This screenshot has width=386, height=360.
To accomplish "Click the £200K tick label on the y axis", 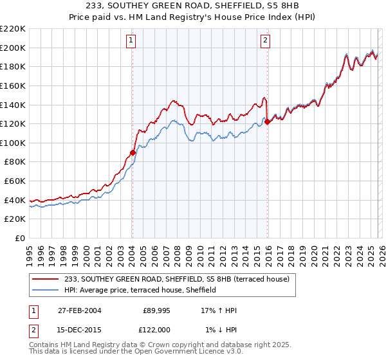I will pos(13,48).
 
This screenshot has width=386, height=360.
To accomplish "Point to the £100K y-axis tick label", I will pos(13,143).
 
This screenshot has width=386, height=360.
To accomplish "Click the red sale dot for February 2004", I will pos(133,152).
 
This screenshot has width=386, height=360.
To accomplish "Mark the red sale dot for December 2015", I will pos(267,122).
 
